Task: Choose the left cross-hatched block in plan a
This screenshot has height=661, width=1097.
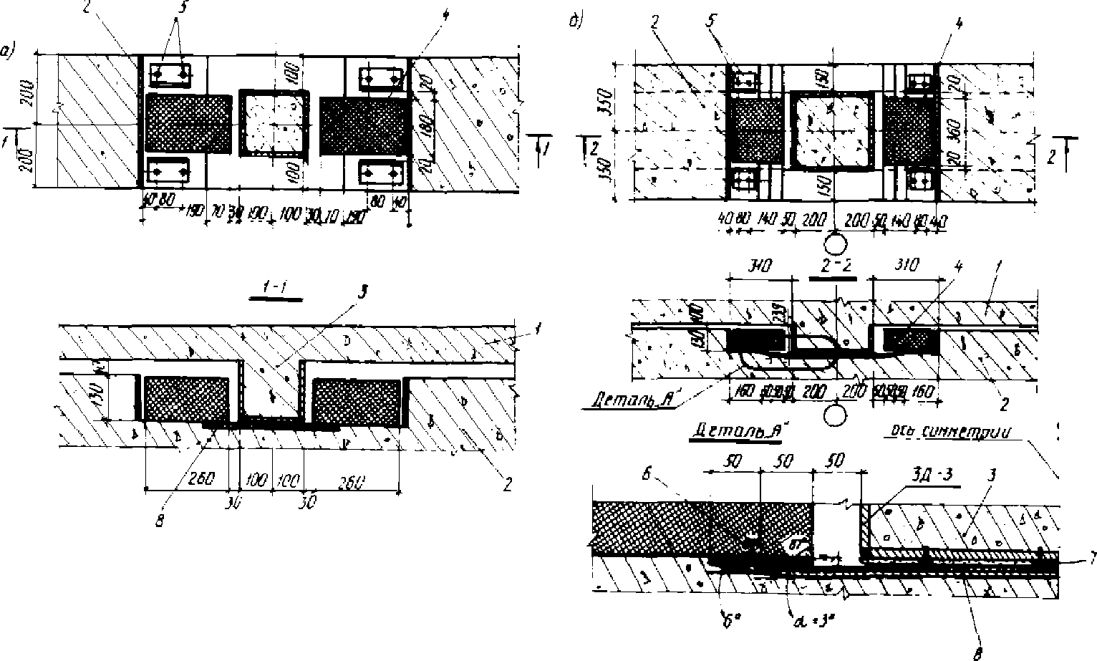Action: point(188,124)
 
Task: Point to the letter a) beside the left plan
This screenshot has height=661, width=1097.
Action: point(8,51)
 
